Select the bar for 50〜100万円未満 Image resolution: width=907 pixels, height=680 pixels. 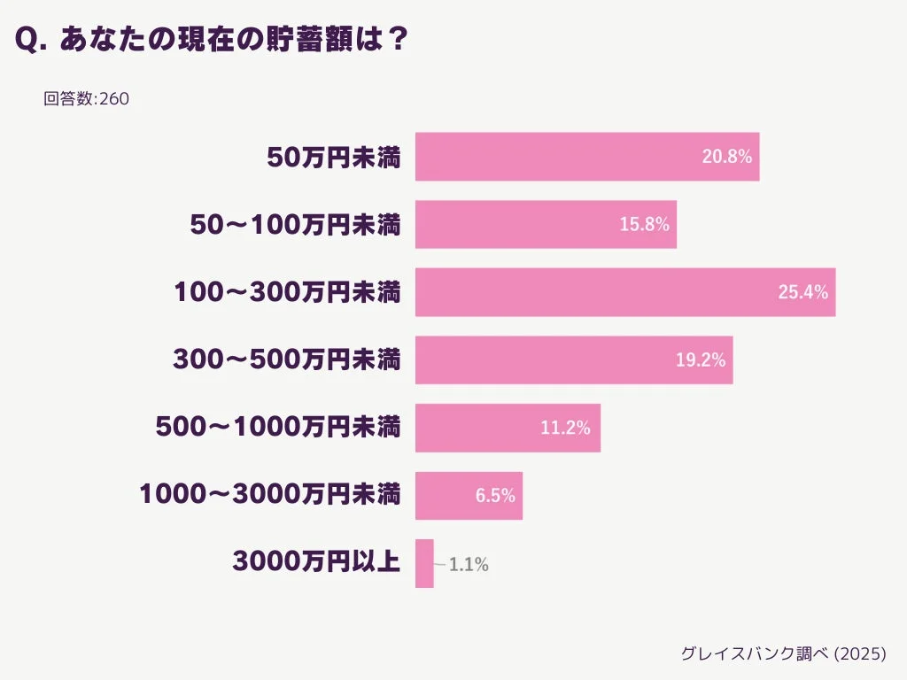click(x=531, y=224)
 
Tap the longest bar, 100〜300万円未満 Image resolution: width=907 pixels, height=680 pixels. click(x=602, y=292)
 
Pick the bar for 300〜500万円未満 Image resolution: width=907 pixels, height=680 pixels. click(x=549, y=359)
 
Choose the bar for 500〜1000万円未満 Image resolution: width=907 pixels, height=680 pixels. click(x=487, y=428)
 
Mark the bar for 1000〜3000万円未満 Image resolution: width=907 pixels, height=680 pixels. click(x=452, y=496)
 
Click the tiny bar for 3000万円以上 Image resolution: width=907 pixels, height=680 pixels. click(x=424, y=563)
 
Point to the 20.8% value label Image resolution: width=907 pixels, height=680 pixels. click(x=726, y=157)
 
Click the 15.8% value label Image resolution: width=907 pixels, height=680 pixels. click(x=644, y=224)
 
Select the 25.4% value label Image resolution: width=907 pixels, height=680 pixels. click(x=802, y=292)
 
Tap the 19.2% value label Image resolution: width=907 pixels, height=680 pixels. click(x=700, y=359)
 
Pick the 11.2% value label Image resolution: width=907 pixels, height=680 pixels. click(x=565, y=428)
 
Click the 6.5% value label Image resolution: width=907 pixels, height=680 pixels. click(x=495, y=496)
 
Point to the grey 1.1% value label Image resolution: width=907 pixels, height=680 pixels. click(x=469, y=564)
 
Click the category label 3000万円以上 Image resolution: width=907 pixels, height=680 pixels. click(x=316, y=562)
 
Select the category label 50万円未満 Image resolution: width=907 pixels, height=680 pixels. click(x=334, y=158)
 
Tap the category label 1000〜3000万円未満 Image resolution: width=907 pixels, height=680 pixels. click(x=270, y=495)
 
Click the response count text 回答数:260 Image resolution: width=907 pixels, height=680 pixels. click(x=86, y=99)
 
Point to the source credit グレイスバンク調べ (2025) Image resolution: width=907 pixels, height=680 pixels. click(x=783, y=653)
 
